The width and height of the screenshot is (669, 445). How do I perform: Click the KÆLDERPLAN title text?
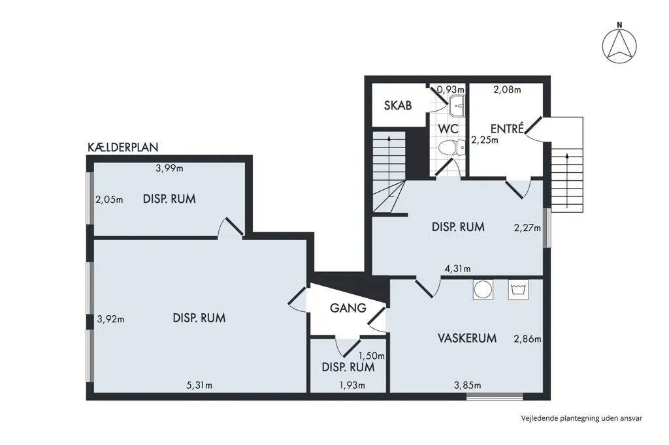(x=123, y=147)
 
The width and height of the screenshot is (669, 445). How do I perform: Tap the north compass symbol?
(x=619, y=44)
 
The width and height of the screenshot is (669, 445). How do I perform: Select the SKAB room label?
(x=398, y=105)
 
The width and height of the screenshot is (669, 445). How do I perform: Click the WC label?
(x=448, y=129)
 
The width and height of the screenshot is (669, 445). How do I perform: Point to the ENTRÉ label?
(x=507, y=129)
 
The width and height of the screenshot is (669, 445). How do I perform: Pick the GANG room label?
(x=348, y=308)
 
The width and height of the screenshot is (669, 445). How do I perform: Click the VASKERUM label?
(x=466, y=338)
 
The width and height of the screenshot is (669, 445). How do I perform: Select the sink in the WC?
(x=456, y=106)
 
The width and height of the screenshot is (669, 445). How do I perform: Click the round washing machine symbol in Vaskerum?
(x=483, y=290)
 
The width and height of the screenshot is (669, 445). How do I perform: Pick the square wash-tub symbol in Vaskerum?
(x=518, y=290)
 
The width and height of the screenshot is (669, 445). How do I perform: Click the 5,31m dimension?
(x=199, y=386)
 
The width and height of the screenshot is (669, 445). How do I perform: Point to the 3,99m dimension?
(x=169, y=168)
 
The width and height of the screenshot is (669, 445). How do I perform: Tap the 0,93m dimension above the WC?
(x=451, y=89)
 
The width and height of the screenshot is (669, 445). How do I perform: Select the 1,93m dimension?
(x=352, y=386)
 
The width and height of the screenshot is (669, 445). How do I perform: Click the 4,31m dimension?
(x=458, y=269)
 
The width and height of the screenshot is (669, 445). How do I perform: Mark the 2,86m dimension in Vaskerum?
(x=527, y=339)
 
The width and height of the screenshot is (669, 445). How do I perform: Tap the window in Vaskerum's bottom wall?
(x=495, y=397)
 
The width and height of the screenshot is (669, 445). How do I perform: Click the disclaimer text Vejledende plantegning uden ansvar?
(x=581, y=418)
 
